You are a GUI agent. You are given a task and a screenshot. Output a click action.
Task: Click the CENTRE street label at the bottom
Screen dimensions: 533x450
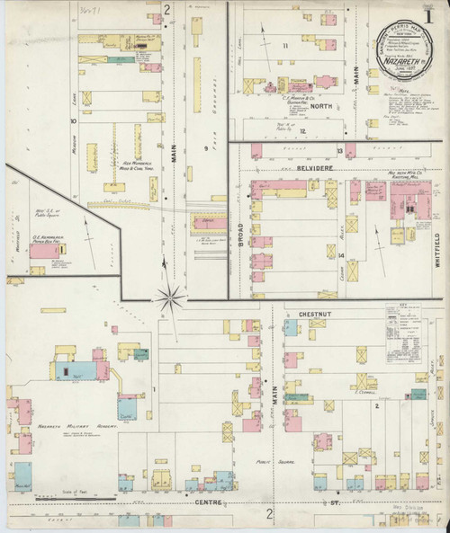pyautogui.click(x=213, y=502)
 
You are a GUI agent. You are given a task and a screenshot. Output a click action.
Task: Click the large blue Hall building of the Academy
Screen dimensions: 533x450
pyautogui.click(x=72, y=369)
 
